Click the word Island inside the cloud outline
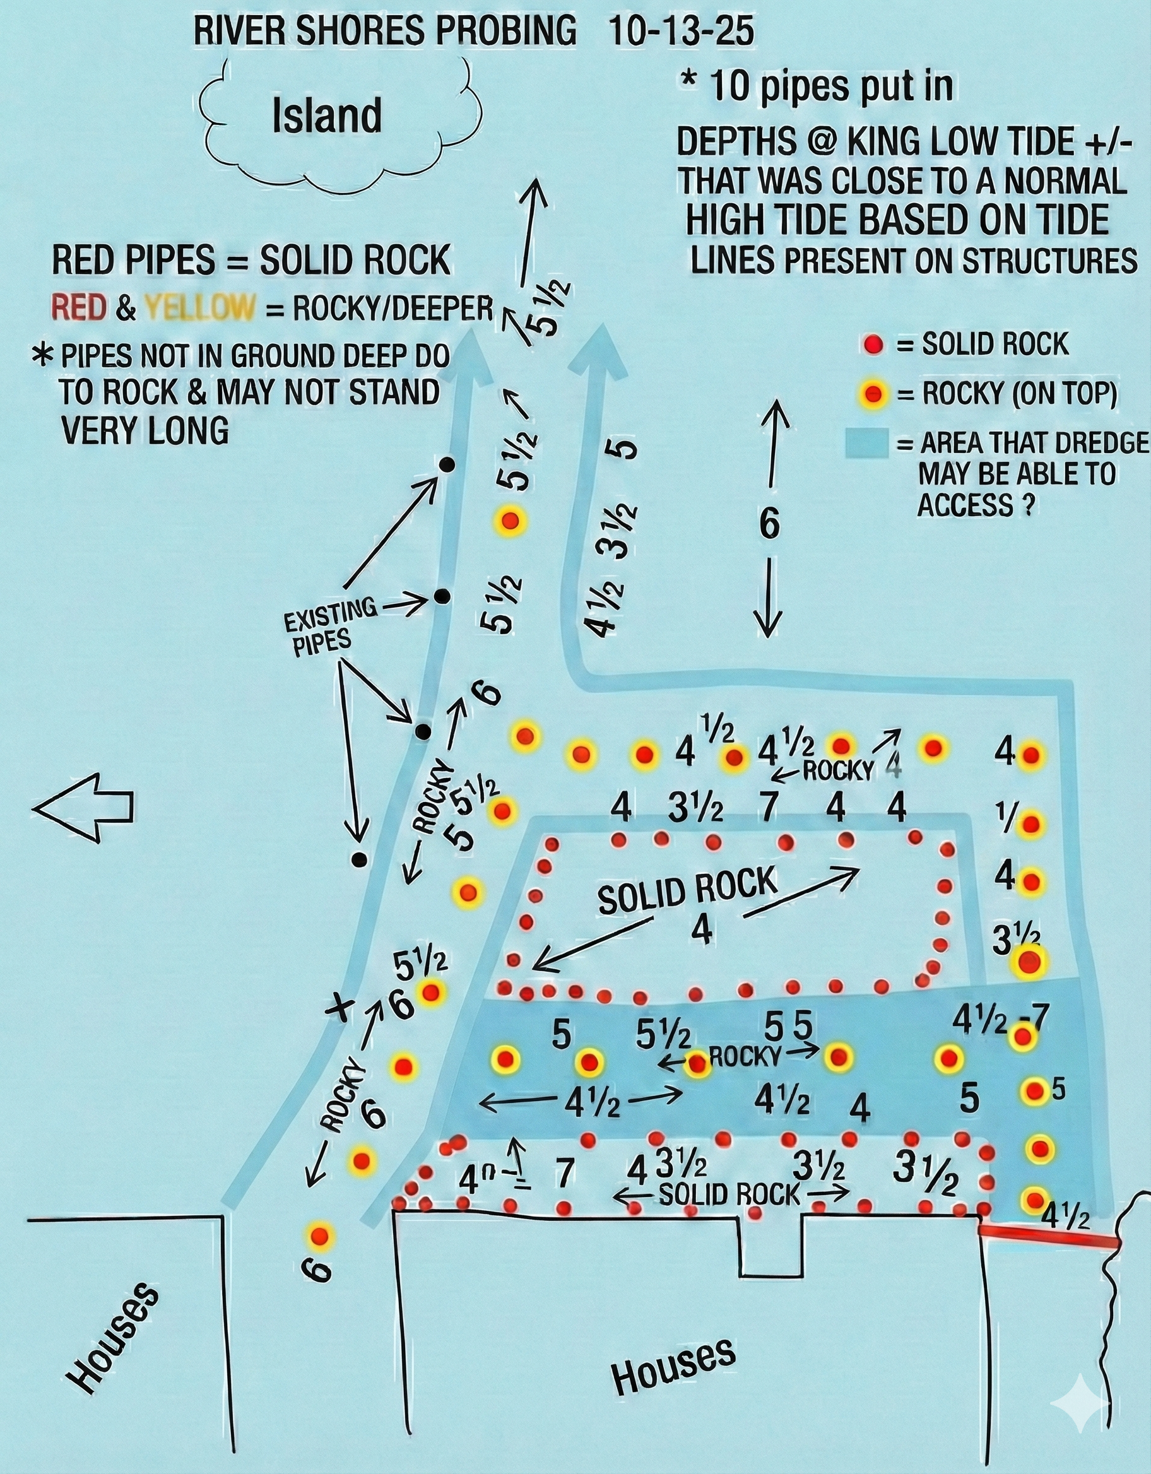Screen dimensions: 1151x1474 [x=327, y=115]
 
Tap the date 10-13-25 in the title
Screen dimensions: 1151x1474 [x=681, y=32]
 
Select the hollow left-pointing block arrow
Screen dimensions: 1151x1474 [x=83, y=806]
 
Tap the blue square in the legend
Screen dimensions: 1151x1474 [x=866, y=444]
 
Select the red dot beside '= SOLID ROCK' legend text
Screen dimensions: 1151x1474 [x=873, y=346]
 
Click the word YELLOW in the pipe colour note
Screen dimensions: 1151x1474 [x=201, y=309]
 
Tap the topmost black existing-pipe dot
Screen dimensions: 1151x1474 [x=446, y=464]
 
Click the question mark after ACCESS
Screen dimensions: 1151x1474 [x=1027, y=506]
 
